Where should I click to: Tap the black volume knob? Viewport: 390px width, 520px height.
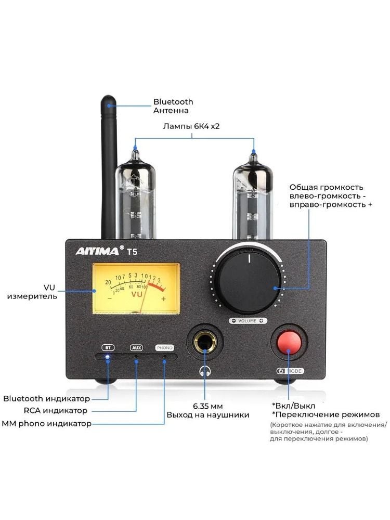(x=249, y=282)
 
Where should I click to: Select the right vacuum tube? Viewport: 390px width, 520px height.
(x=253, y=196)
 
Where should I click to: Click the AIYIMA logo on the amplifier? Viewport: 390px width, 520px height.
(x=98, y=251)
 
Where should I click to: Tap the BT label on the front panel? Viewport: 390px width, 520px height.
(x=108, y=347)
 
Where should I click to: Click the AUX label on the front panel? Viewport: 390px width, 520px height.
(x=136, y=347)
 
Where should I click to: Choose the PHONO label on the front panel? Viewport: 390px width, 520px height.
(x=165, y=347)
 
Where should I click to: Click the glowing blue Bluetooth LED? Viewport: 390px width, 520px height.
(x=108, y=357)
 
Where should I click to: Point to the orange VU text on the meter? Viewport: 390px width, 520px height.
(x=137, y=294)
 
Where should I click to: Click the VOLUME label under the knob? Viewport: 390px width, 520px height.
(x=248, y=321)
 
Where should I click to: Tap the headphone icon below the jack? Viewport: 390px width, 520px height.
(x=205, y=371)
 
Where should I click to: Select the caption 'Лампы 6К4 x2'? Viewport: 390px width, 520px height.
(x=191, y=126)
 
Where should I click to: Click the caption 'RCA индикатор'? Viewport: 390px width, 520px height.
(x=56, y=411)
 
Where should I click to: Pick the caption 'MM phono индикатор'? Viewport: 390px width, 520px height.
(x=46, y=423)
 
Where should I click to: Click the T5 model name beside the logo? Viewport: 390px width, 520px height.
(x=132, y=252)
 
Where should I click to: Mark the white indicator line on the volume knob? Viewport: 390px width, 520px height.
(x=249, y=258)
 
